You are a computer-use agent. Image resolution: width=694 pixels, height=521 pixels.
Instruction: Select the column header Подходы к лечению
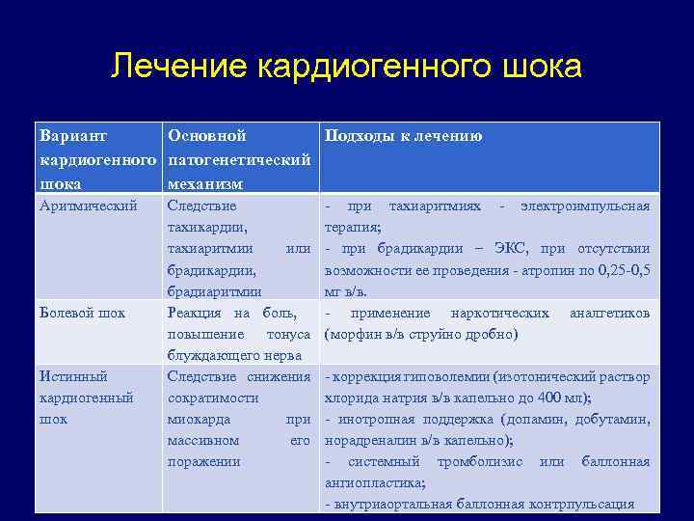click(403, 136)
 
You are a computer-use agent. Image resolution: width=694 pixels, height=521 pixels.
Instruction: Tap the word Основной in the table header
click(206, 136)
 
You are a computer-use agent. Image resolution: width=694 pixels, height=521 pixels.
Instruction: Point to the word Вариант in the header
click(72, 136)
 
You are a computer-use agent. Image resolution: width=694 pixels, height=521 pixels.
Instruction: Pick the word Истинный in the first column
click(73, 376)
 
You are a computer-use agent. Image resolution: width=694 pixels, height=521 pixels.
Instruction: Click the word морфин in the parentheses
click(353, 335)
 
